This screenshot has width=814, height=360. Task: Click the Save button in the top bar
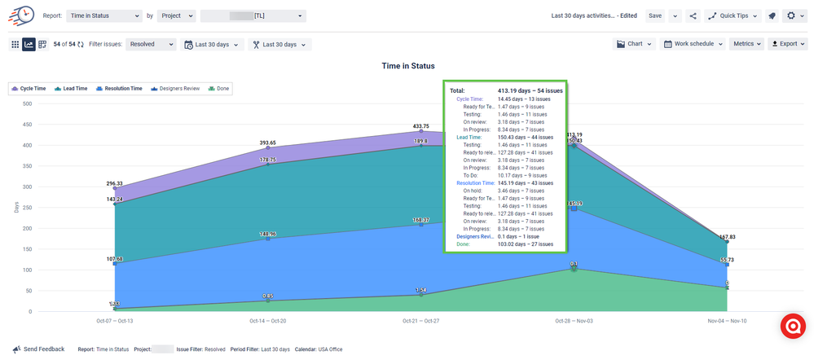pos(655,15)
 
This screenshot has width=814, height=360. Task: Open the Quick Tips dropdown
pos(733,15)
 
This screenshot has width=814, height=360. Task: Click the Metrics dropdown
pos(747,44)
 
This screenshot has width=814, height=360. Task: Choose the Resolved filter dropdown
pos(152,44)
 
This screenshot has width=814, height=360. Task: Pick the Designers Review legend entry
pos(178,88)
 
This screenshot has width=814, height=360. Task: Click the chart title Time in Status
pos(408,66)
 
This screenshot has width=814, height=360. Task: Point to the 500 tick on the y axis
pos(27,103)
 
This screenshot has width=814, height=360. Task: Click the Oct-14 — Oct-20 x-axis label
pos(267,321)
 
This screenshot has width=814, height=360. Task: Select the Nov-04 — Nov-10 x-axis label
pos(727,321)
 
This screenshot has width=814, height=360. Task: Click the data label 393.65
pos(267,142)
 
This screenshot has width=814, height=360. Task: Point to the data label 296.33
pos(114,183)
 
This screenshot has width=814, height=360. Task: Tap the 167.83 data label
pos(727,237)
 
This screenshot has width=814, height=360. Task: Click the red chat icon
pos(793,326)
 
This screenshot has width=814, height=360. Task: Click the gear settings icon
pos(790,15)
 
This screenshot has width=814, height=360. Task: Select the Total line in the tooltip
pos(505,90)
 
